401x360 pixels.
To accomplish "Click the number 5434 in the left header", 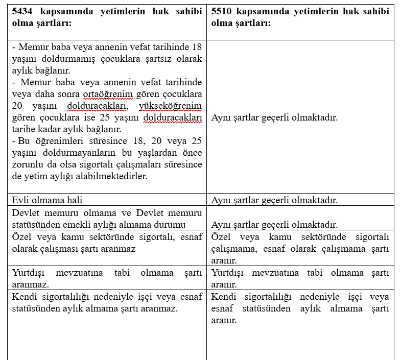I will pos(22,11).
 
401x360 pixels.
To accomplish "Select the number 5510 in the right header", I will pos(222,11).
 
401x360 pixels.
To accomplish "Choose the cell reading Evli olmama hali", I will pos(47,200).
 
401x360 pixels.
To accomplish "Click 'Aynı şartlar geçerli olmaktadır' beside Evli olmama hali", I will pos(274,200).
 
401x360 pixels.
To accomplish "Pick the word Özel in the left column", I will pos(22,236).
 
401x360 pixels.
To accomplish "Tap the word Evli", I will pos(21,200).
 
